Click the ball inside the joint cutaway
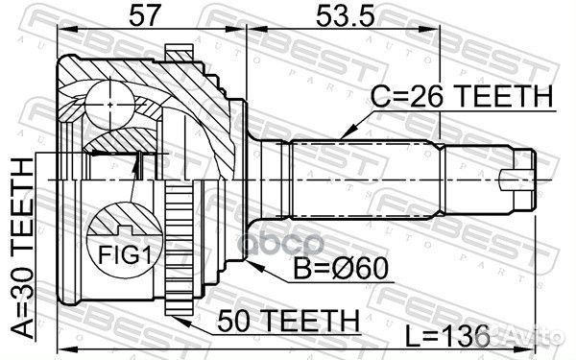108,100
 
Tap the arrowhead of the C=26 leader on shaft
343,135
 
